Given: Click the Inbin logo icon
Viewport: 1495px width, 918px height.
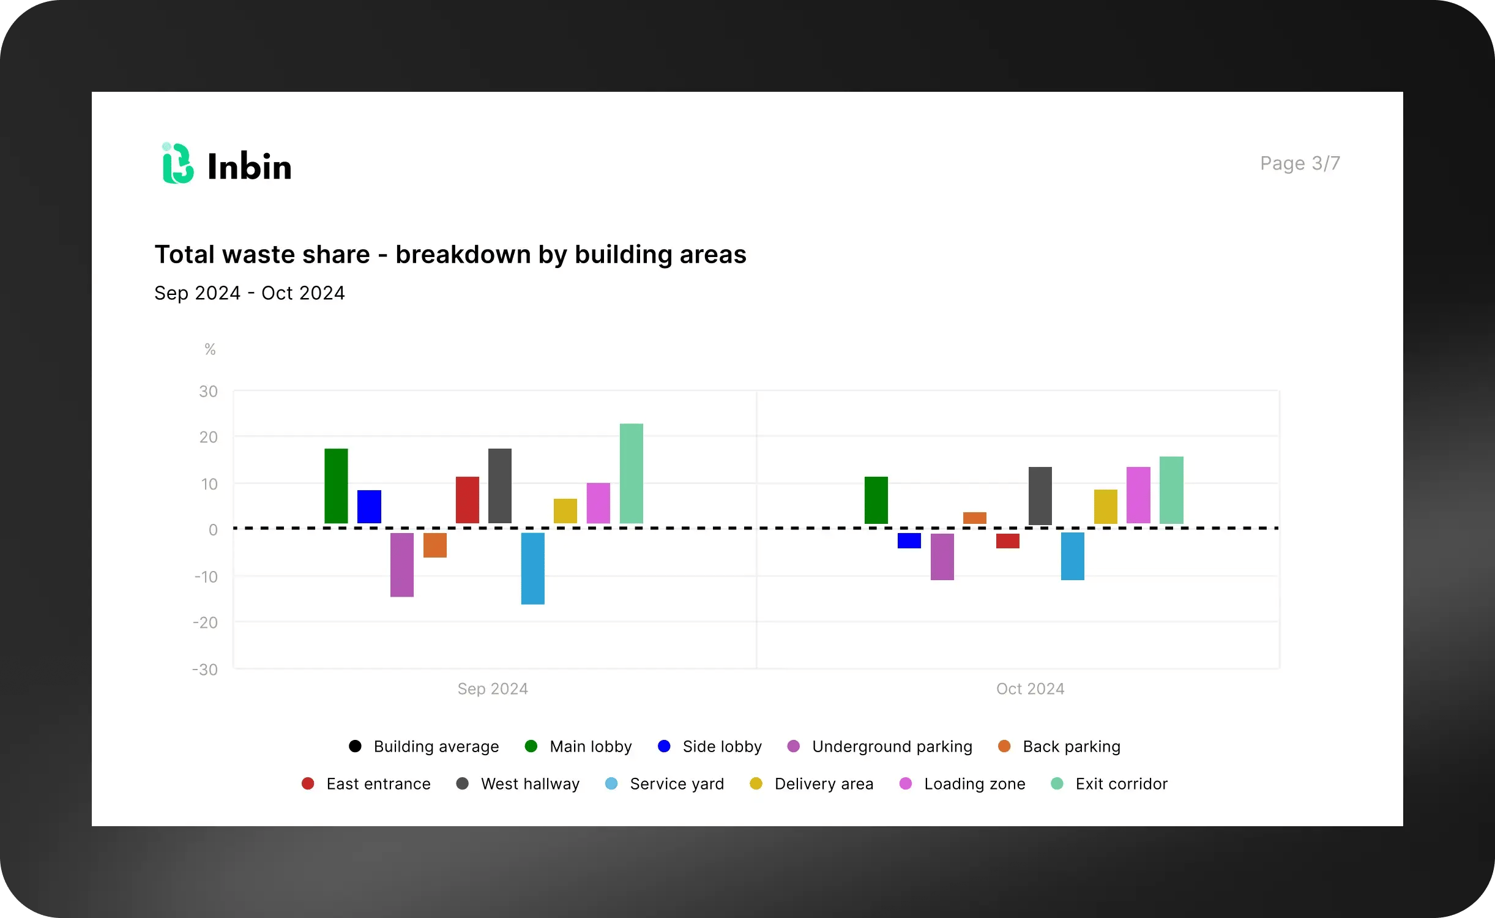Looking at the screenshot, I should (x=177, y=163).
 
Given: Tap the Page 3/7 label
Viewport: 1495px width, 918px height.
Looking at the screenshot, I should (x=1300, y=163).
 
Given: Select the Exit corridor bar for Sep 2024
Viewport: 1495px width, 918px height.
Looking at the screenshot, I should (x=631, y=473).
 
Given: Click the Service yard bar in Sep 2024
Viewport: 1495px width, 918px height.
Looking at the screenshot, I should (x=532, y=568).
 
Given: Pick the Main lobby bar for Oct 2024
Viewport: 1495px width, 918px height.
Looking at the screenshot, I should (x=876, y=500).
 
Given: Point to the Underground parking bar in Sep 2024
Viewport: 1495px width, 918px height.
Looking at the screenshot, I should (x=402, y=564).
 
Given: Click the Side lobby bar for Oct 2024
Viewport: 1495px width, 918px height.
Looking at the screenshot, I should (x=909, y=540).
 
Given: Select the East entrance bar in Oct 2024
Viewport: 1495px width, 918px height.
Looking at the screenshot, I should (x=1007, y=540).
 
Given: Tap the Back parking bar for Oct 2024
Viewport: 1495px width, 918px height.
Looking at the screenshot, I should (x=974, y=518).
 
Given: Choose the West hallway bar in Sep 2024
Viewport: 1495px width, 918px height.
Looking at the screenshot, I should (x=499, y=486).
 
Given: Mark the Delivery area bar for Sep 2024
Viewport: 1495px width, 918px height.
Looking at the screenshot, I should (x=565, y=511).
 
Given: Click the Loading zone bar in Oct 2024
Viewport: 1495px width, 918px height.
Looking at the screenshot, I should (x=1138, y=495).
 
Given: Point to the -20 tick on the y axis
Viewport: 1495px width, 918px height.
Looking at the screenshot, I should (x=206, y=623).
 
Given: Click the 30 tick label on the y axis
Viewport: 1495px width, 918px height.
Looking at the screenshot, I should (x=208, y=392).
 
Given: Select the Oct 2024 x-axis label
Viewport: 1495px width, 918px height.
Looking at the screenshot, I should (x=1030, y=689).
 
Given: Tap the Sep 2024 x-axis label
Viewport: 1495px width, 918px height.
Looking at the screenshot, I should (x=493, y=689).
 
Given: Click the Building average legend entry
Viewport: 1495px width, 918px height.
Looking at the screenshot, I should (x=424, y=747).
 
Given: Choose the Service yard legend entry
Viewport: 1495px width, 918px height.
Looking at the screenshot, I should (x=665, y=784).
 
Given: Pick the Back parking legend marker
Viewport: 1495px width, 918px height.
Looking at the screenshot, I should (x=1004, y=746).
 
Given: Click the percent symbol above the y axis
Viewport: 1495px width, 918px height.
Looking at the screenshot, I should (x=210, y=349).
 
